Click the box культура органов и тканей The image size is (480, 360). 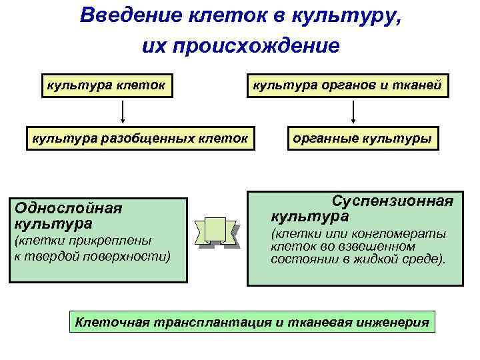coord(345,85)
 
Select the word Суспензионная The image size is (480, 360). coord(393,201)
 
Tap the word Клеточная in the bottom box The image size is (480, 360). coord(113,323)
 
